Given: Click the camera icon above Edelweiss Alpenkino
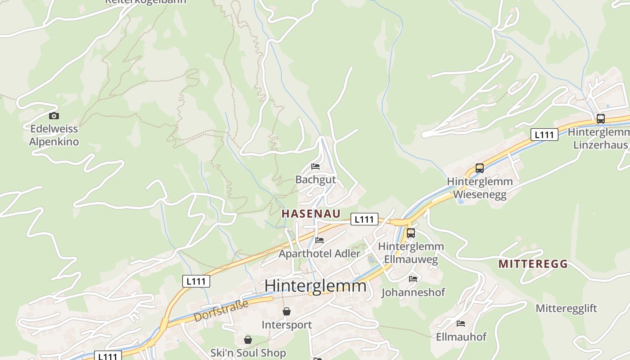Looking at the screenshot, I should pyautogui.click(x=54, y=116).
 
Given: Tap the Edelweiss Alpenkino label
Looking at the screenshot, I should pyautogui.click(x=54, y=135).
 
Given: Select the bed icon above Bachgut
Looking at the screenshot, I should pyautogui.click(x=315, y=166).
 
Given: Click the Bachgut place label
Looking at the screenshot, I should pyautogui.click(x=315, y=180).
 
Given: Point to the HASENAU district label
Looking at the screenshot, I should pyautogui.click(x=311, y=214).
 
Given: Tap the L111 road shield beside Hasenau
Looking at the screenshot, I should pyautogui.click(x=364, y=219).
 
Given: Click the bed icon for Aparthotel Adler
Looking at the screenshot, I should pyautogui.click(x=319, y=240).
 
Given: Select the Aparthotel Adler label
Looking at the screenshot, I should pyautogui.click(x=319, y=253).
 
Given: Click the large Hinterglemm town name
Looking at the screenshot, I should pyautogui.click(x=315, y=286).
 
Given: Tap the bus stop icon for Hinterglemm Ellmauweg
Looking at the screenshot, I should pyautogui.click(x=411, y=233).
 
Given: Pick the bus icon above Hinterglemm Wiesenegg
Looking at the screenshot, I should pyautogui.click(x=480, y=168).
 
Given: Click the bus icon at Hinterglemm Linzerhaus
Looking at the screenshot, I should pyautogui.click(x=600, y=119).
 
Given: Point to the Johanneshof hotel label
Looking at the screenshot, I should pyautogui.click(x=413, y=292).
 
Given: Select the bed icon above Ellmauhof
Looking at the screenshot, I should pyautogui.click(x=461, y=324).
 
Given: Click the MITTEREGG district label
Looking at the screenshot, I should pyautogui.click(x=533, y=264).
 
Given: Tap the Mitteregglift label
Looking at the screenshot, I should pyautogui.click(x=566, y=308).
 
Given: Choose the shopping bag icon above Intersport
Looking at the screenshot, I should pyautogui.click(x=287, y=311).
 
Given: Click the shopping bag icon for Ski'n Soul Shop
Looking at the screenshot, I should pyautogui.click(x=248, y=340).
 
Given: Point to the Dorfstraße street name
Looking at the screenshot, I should pyautogui.click(x=221, y=311).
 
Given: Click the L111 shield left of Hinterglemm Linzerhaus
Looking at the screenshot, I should pyautogui.click(x=544, y=134).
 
